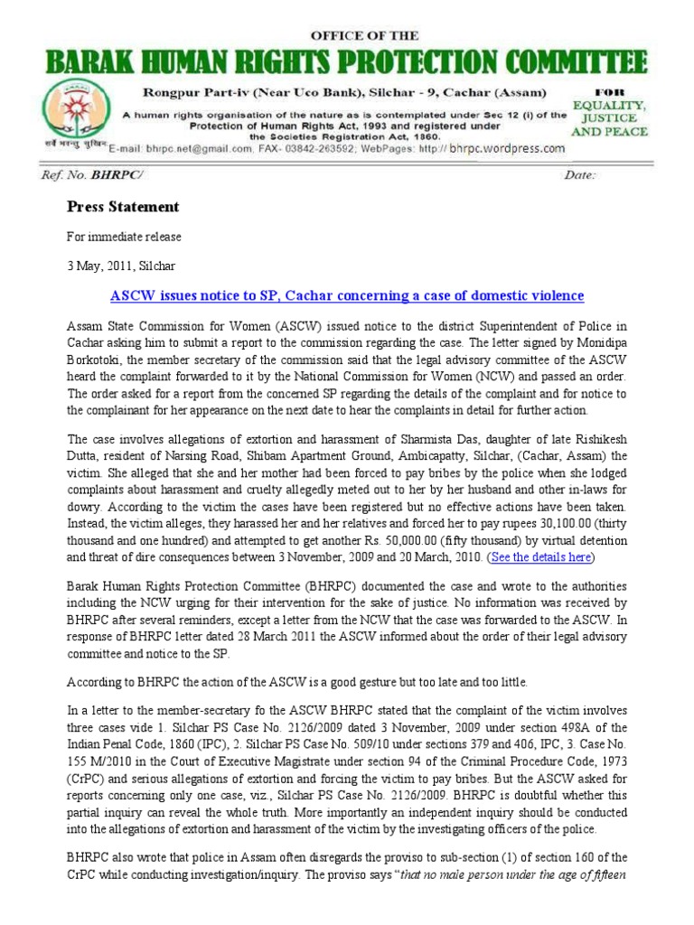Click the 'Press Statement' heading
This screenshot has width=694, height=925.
point(123,207)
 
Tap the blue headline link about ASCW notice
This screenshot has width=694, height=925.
point(347,296)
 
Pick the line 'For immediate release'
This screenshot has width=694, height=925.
point(125,238)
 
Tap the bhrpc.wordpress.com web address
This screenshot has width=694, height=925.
point(507,148)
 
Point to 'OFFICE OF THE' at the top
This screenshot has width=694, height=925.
point(365,35)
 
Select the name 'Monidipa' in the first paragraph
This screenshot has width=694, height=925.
point(611,344)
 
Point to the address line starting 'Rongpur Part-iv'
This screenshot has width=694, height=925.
point(334,94)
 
